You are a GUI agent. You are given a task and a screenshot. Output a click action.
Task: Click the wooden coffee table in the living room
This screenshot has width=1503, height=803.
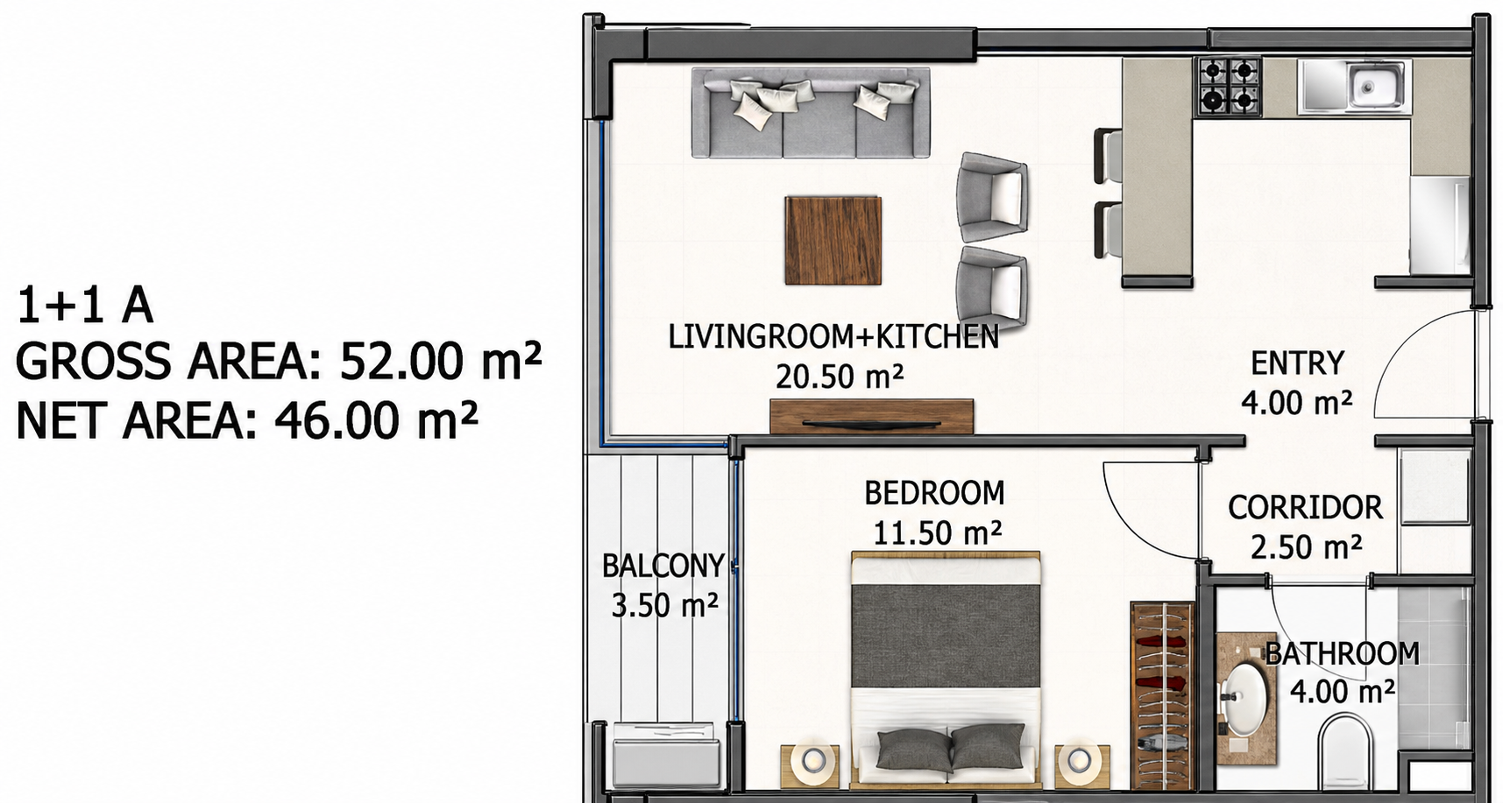833,240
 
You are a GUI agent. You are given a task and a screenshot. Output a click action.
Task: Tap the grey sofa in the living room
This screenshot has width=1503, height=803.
811,113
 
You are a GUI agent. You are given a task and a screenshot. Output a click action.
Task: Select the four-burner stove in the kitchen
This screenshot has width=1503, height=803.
1229,87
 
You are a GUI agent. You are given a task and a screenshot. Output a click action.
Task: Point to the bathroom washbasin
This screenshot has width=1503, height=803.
1245,698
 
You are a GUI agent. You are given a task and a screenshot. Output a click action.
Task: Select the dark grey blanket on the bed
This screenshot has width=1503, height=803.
946,636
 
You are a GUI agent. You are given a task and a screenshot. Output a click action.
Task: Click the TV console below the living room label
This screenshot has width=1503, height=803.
872,416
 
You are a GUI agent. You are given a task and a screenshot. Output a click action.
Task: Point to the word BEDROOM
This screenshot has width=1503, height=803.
934,493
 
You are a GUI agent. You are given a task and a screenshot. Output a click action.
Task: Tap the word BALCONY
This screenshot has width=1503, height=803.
663,566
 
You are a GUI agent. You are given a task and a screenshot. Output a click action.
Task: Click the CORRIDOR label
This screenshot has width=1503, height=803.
1305,507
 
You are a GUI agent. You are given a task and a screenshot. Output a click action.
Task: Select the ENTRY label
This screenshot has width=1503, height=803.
1297,363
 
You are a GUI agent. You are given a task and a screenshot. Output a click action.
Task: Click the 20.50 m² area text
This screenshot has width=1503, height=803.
840,377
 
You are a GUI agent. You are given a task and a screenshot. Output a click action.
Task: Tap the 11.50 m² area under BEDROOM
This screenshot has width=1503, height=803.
938,532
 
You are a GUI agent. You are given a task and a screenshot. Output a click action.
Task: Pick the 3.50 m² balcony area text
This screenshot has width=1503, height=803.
665,604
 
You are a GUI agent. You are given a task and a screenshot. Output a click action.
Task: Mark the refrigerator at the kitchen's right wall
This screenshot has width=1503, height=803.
1439,225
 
